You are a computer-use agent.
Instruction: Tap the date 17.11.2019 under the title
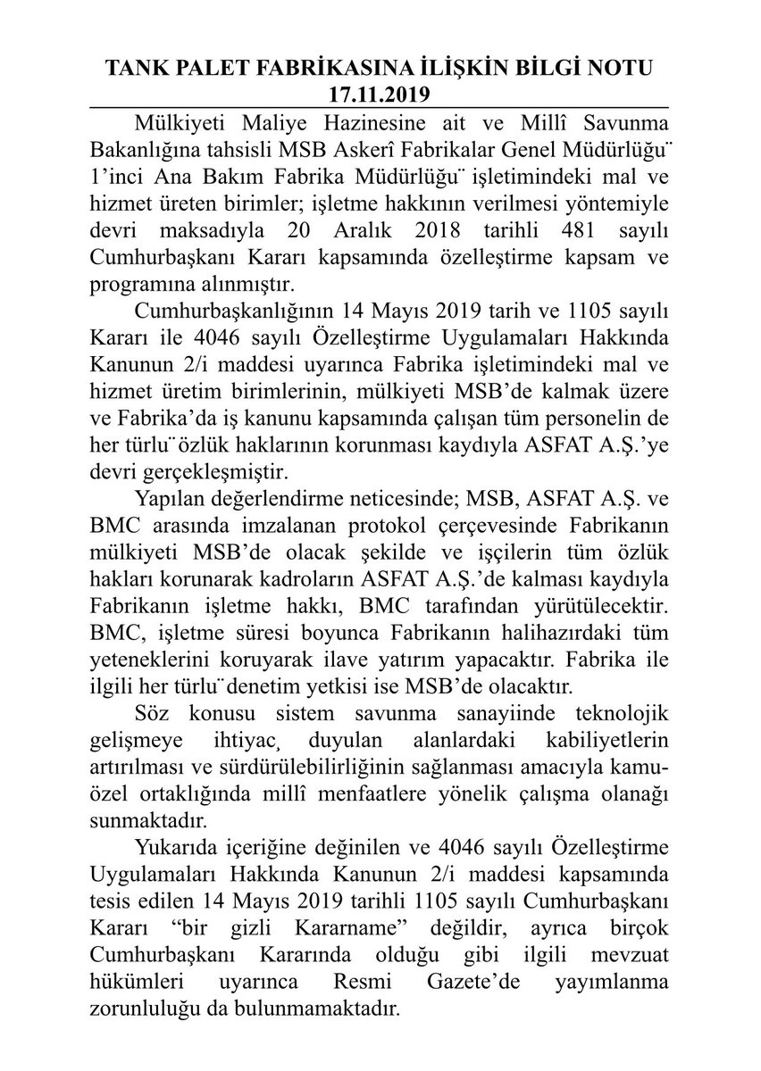(x=380, y=93)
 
